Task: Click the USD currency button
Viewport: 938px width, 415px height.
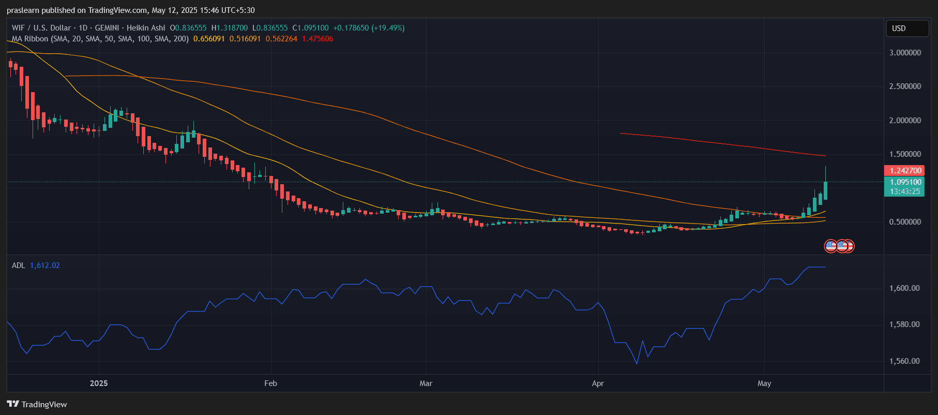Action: point(906,28)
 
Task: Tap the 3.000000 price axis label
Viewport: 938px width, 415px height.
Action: point(905,53)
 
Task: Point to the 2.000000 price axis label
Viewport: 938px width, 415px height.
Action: point(905,121)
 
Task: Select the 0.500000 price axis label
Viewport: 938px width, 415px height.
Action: point(905,222)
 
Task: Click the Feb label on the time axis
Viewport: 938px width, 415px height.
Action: point(270,383)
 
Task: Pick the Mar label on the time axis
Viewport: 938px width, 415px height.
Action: point(426,383)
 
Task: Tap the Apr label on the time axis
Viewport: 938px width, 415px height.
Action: point(598,383)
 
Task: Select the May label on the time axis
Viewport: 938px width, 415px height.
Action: point(764,383)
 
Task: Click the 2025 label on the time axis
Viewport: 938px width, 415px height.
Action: point(99,383)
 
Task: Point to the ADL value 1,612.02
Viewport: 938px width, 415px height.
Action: point(45,265)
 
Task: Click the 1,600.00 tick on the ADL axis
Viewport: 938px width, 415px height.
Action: point(904,288)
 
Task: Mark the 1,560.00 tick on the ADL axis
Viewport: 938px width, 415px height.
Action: point(904,361)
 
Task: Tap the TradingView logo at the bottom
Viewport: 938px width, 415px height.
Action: point(37,404)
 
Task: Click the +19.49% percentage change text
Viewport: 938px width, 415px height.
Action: point(388,28)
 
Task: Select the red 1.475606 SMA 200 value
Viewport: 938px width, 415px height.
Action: point(317,39)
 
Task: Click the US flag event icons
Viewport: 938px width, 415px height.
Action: point(839,246)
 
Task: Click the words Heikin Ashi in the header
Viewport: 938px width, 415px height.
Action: point(146,28)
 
